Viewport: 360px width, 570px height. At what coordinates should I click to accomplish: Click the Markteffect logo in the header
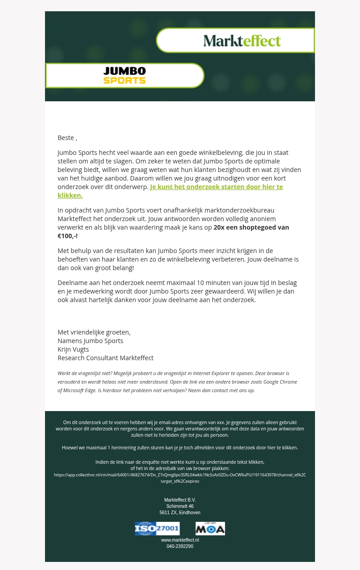[242, 41]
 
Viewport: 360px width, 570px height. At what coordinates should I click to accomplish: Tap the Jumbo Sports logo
[125, 76]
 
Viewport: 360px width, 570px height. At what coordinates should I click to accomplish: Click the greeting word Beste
[66, 138]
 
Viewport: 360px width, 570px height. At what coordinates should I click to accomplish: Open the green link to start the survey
[216, 187]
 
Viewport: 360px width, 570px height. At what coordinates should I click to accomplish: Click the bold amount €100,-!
[67, 236]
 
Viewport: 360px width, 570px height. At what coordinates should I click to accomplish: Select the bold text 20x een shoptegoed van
[251, 227]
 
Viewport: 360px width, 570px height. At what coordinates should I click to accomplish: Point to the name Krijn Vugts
[73, 349]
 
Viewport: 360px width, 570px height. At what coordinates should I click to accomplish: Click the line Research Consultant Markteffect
[105, 358]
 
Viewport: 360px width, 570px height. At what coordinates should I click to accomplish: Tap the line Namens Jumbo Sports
[90, 341]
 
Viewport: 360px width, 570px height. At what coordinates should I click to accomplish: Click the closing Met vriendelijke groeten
[94, 332]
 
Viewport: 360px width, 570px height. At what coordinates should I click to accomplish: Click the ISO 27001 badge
[157, 529]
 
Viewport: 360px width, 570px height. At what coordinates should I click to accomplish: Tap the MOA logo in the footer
[210, 529]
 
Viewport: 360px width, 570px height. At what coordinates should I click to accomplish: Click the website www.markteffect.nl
[180, 540]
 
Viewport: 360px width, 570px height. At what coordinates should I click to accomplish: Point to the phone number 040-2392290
[180, 546]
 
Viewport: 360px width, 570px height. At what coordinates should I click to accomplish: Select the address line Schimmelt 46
[180, 507]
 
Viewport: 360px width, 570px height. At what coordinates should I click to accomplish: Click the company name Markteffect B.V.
[180, 500]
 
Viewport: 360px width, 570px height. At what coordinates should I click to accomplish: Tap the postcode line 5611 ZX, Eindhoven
[180, 513]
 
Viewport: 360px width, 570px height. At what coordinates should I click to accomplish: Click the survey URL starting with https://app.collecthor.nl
[180, 475]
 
